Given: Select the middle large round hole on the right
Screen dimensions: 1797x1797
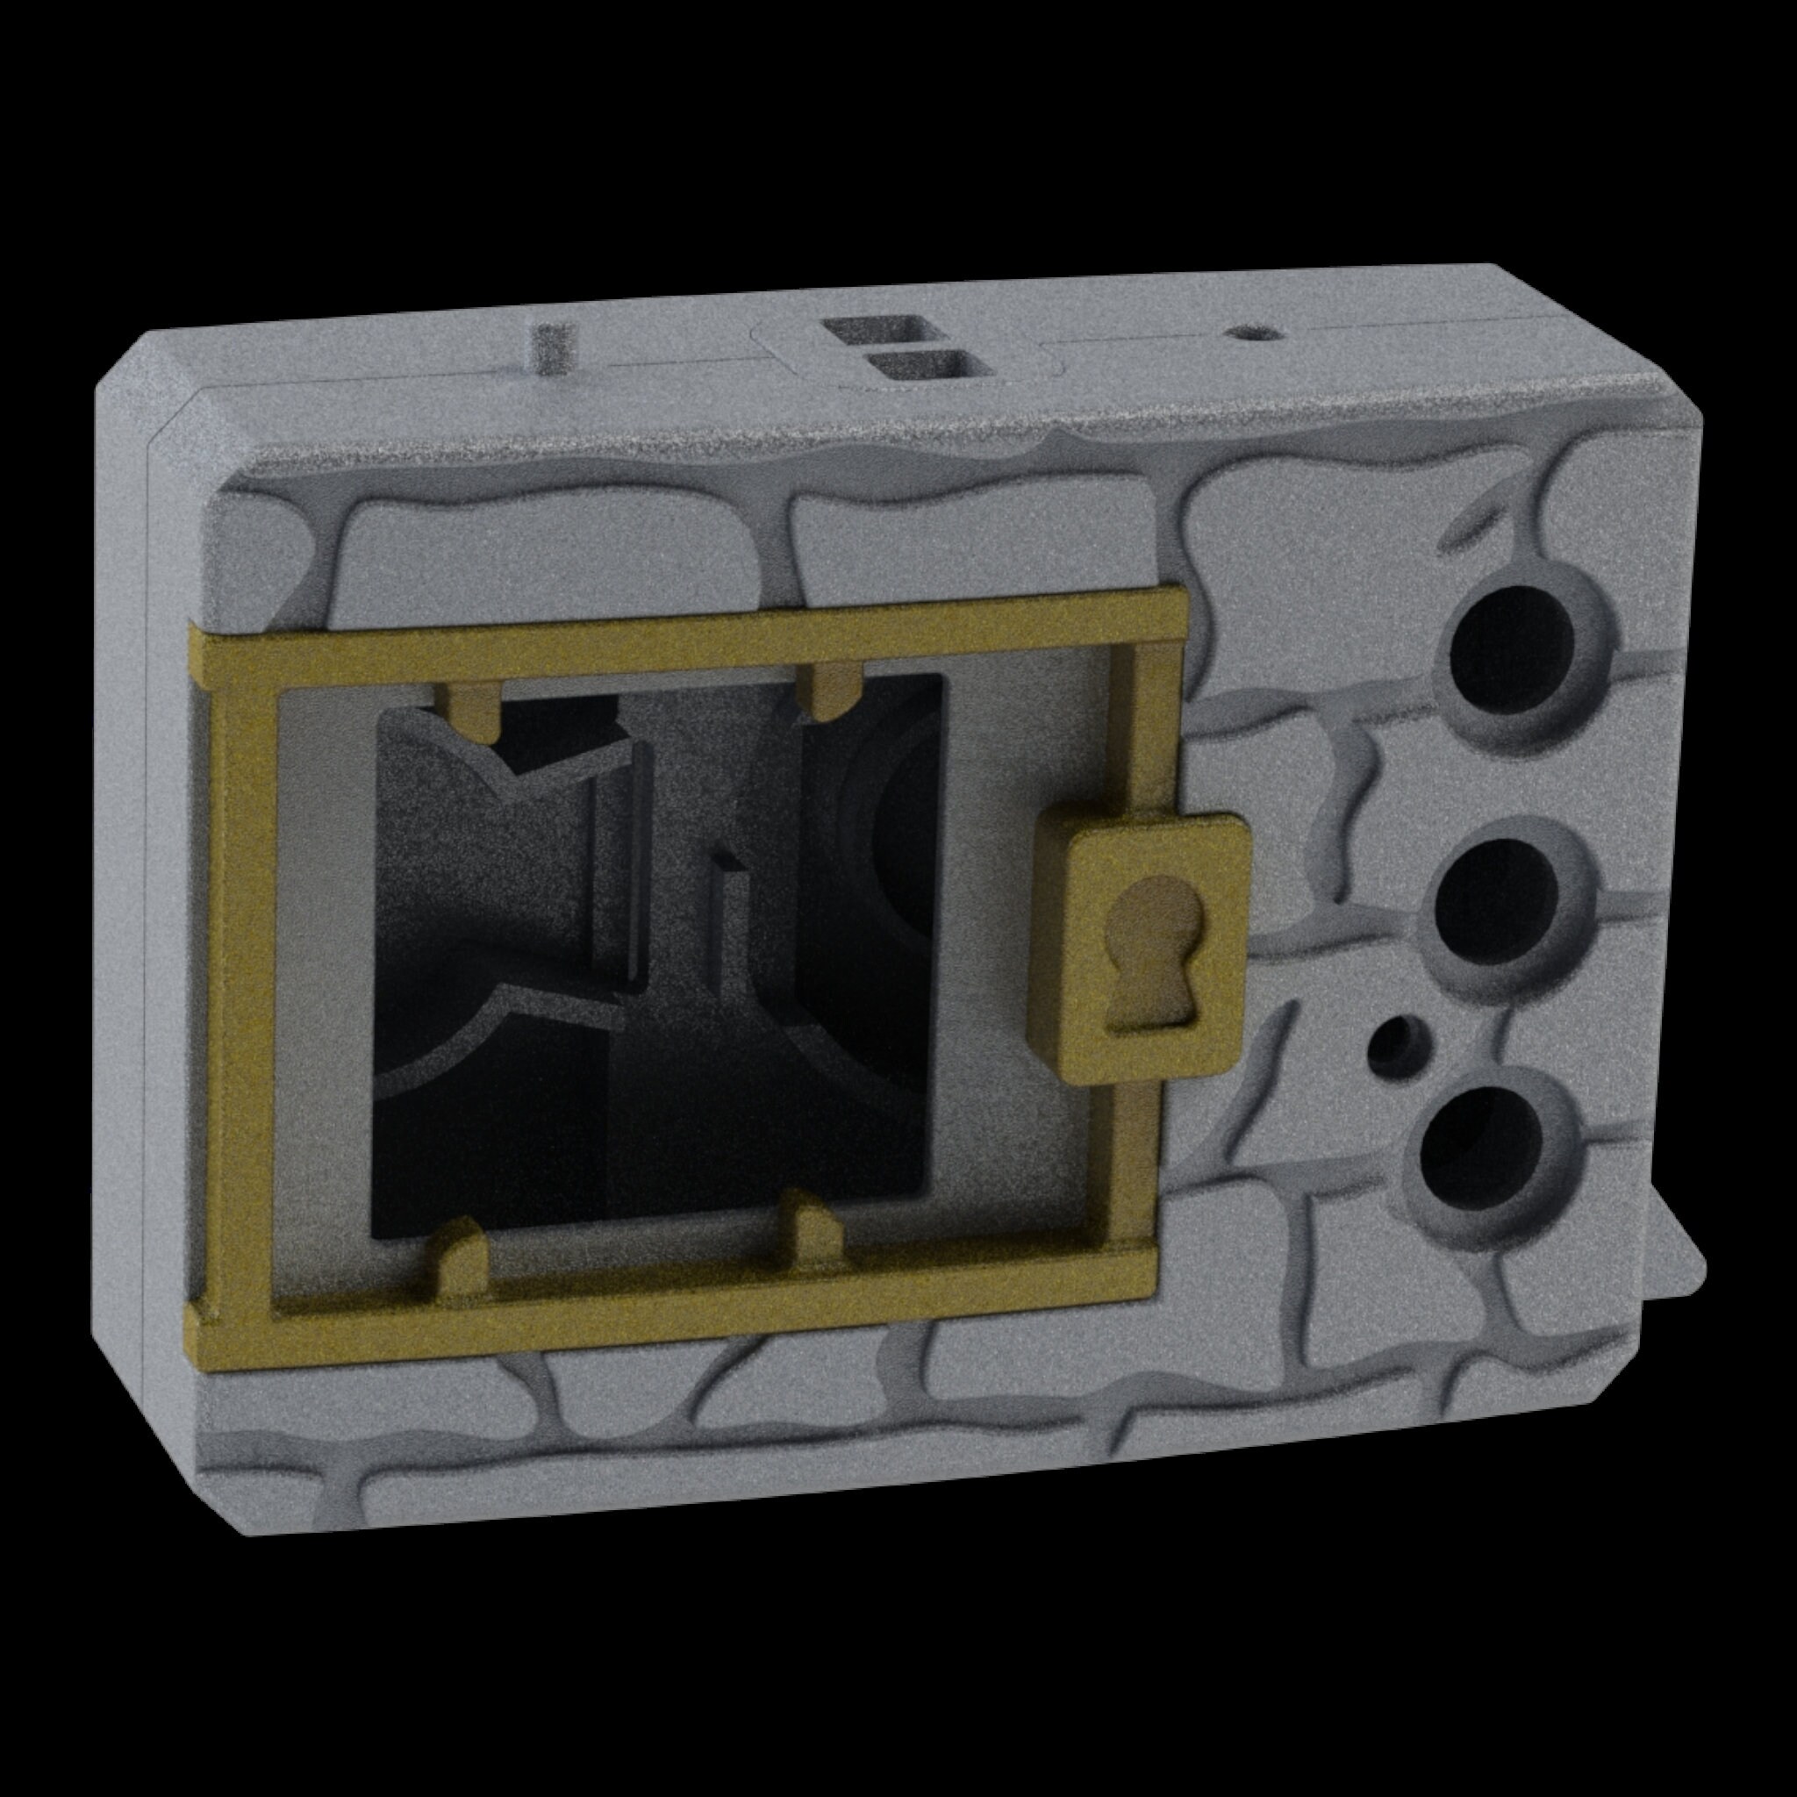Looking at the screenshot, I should pos(1498,893).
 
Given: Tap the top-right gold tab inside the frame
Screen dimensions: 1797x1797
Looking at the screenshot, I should pos(831,691).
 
